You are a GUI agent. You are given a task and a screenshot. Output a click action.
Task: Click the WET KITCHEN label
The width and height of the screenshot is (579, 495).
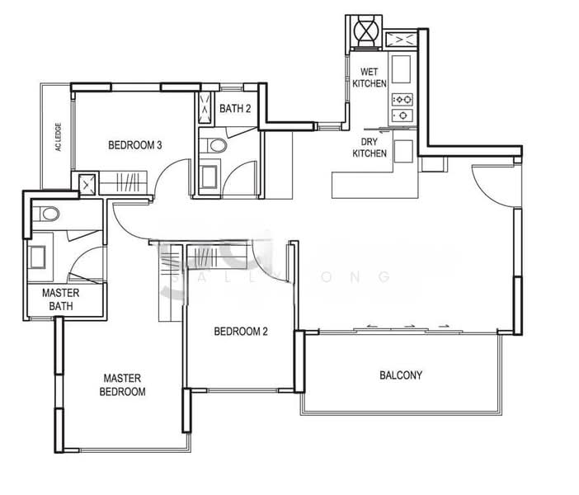tap(369, 78)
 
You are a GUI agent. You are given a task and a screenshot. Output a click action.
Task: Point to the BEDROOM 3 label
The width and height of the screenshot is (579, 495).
tap(134, 145)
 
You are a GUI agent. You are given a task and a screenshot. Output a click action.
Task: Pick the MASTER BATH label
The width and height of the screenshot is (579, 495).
tap(60, 300)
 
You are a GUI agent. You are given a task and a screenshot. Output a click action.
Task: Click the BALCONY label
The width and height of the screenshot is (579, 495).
tap(400, 375)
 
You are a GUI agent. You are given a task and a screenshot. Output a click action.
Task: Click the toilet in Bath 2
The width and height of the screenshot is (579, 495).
tap(217, 146)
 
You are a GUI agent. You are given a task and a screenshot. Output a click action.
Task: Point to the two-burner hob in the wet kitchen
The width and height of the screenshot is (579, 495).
tap(402, 106)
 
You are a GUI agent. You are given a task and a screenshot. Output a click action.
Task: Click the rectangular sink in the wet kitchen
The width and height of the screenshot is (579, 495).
tap(402, 70)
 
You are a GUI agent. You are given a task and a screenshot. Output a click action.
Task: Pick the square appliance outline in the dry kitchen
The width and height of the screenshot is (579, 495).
tap(402, 150)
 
